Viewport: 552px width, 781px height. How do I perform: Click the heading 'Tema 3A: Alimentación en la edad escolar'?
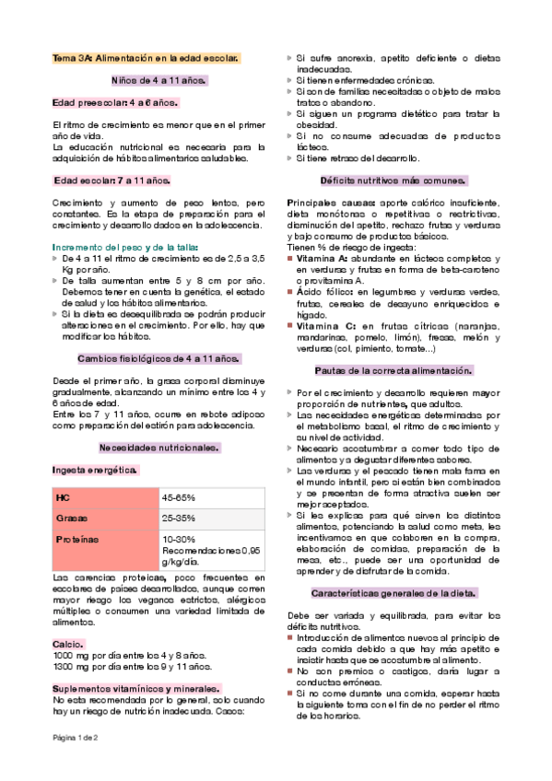pyautogui.click(x=147, y=58)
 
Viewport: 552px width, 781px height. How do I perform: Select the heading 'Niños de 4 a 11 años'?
pyautogui.click(x=159, y=80)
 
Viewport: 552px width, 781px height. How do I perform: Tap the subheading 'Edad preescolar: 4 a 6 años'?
pyautogui.click(x=115, y=102)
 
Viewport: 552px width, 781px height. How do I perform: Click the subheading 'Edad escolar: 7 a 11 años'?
pyautogui.click(x=112, y=181)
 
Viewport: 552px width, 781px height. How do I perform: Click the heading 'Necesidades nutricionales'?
pyautogui.click(x=159, y=448)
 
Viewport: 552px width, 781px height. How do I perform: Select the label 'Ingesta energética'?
pyautogui.click(x=95, y=471)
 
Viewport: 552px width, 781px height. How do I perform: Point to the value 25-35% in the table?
pyautogui.click(x=180, y=519)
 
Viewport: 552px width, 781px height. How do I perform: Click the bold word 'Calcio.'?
pyautogui.click(x=69, y=644)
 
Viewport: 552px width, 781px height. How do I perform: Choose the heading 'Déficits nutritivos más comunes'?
pyautogui.click(x=393, y=181)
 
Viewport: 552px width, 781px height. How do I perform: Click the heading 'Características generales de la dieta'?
pyautogui.click(x=393, y=593)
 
